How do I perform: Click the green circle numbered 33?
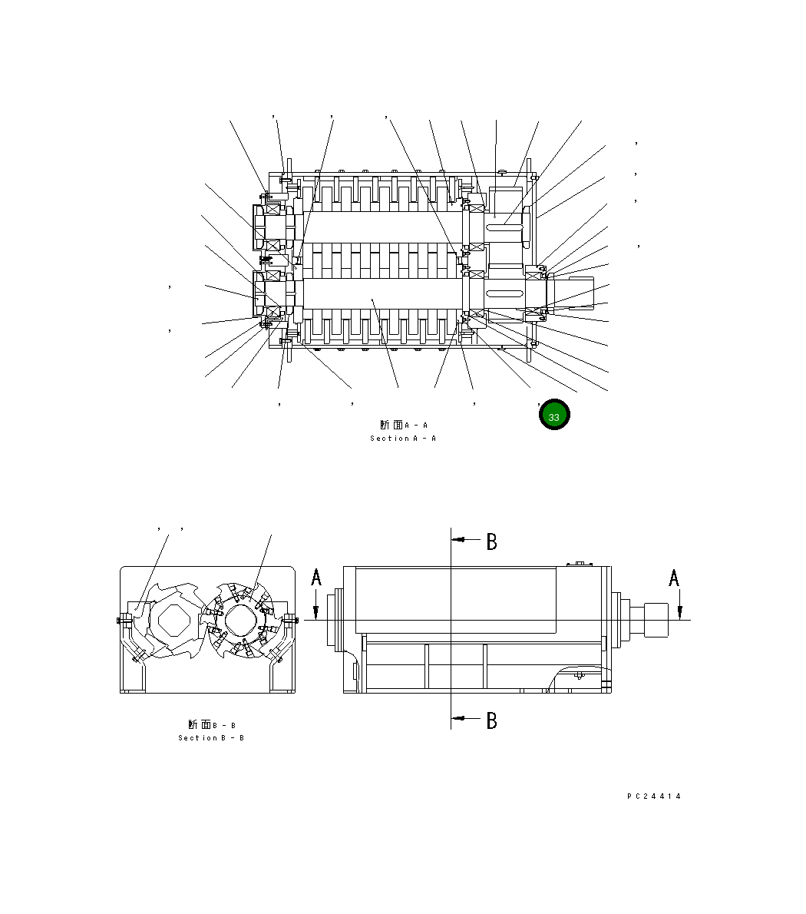[554, 415]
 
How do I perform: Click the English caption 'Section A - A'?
[403, 439]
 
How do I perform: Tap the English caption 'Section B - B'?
[211, 738]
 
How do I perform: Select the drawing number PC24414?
[654, 796]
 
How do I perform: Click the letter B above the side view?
[492, 542]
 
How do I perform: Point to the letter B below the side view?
[492, 721]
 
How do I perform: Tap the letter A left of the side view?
[316, 578]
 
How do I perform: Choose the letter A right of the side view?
[674, 578]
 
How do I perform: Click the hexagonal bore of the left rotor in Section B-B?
[174, 620]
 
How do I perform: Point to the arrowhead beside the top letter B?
[461, 540]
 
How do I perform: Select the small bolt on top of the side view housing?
[580, 565]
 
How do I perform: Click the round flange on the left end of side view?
[335, 620]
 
